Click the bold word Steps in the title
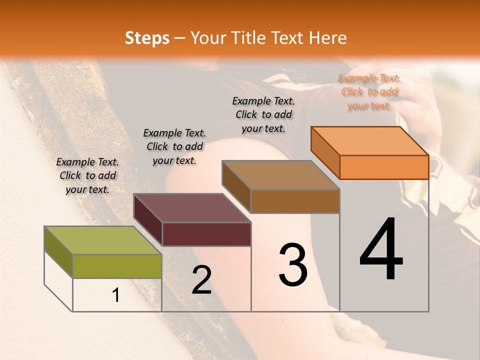pos(147,38)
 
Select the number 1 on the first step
pos(116,295)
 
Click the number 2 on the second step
pos(201,280)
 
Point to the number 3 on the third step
pos(293,264)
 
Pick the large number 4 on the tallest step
pos(381,249)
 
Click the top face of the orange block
pos(370,141)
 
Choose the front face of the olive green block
pos(117,266)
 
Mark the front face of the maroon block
pos(206,234)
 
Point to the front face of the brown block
pos(295,201)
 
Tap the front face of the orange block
pos(384,167)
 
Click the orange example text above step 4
pos(369,92)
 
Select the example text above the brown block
pos(263,114)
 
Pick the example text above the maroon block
pos(174,146)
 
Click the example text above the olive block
pos(87,175)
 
